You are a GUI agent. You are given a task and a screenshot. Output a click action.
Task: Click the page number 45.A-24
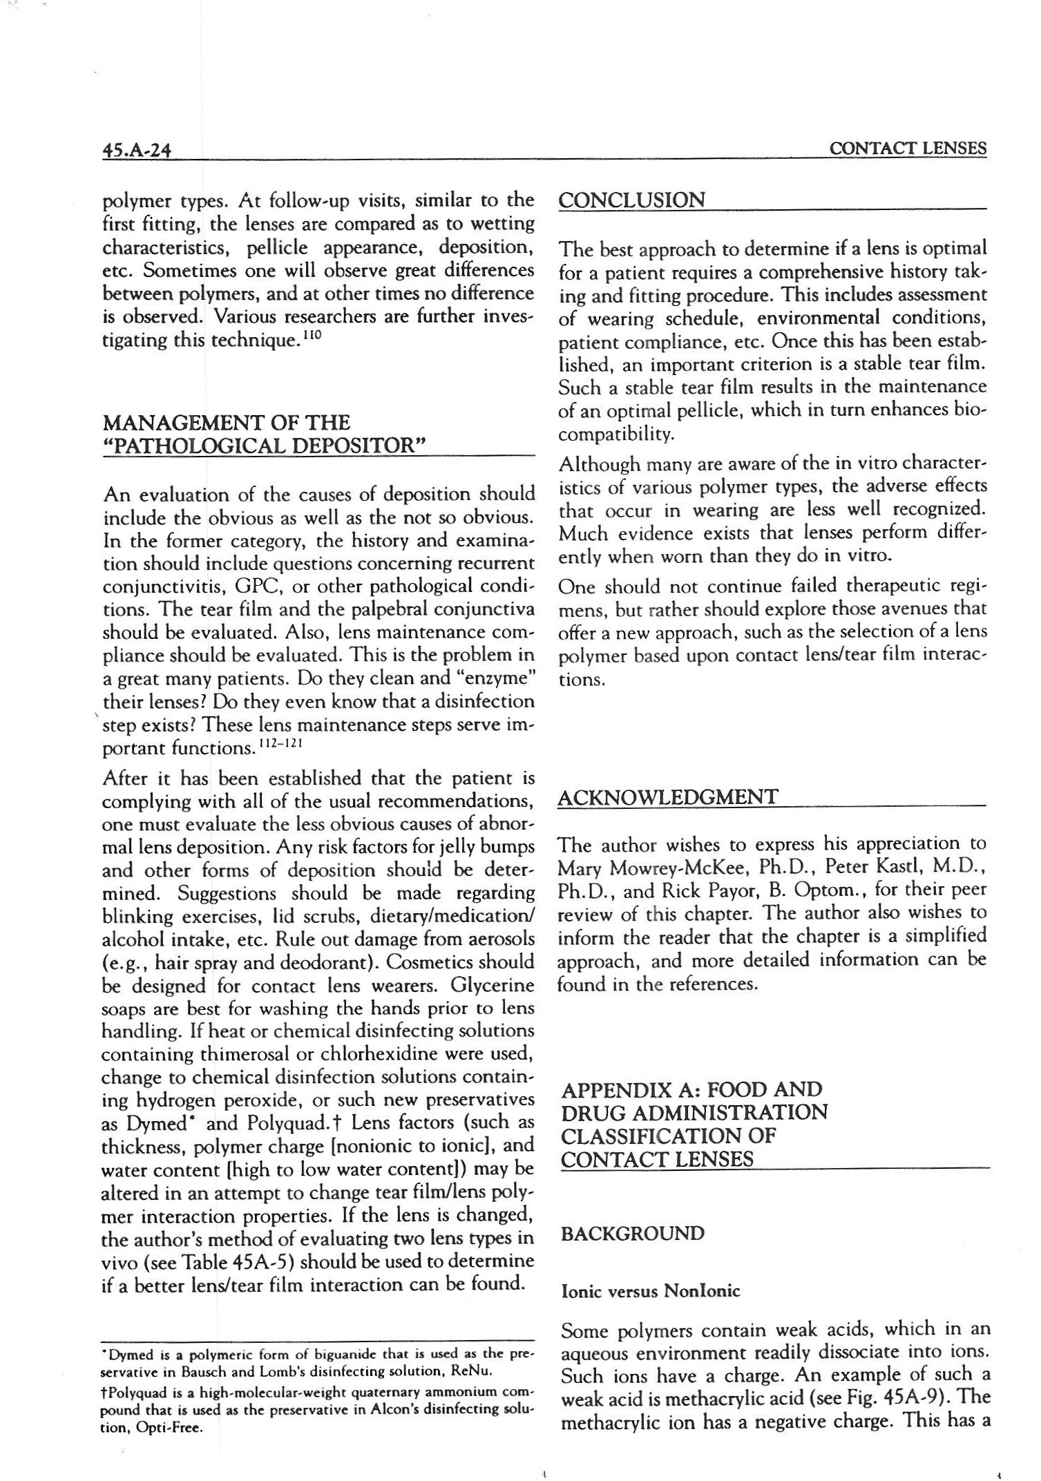tap(136, 149)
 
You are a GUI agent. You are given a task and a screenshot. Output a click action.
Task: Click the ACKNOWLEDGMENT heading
tap(667, 796)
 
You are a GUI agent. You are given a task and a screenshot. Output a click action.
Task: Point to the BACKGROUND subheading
tap(633, 1234)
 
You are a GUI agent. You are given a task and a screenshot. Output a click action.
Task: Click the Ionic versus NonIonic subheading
tap(650, 1290)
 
